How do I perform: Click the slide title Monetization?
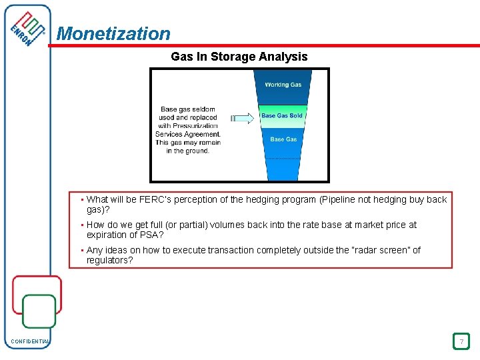click(x=113, y=33)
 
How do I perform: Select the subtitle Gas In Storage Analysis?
click(x=239, y=57)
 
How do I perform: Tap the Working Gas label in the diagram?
click(x=283, y=85)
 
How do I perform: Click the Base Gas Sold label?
click(x=281, y=116)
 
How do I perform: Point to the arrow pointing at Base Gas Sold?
click(x=243, y=118)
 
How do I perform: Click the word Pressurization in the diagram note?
click(x=195, y=125)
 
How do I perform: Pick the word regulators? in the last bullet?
click(x=109, y=260)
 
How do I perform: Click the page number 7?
click(x=460, y=342)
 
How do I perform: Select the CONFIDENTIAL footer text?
click(x=30, y=342)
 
